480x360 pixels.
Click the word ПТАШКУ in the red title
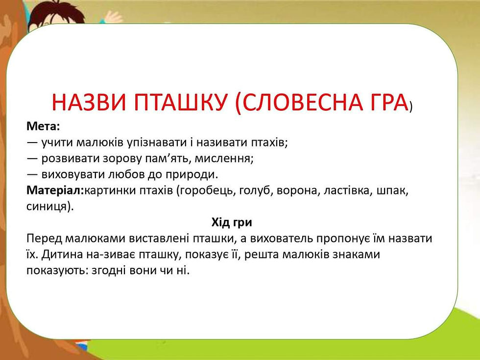(181, 102)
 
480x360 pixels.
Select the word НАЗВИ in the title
(89, 102)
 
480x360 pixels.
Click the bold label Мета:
(43, 126)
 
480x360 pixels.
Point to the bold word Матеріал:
(55, 190)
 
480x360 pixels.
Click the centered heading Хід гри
(232, 222)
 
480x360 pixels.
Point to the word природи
(192, 174)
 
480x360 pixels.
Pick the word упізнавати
(157, 143)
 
